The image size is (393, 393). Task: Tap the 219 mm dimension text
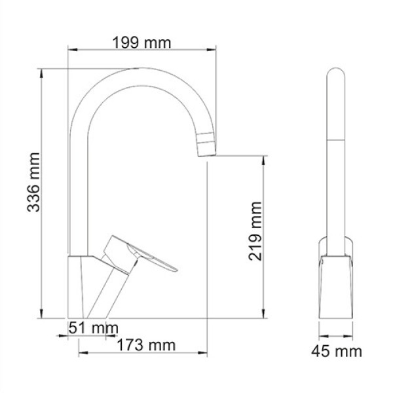pos(255,231)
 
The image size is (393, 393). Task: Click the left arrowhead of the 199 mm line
pos(72,49)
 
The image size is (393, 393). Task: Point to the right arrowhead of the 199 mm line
pos(213,49)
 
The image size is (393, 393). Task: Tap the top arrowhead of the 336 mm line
pos(42,71)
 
